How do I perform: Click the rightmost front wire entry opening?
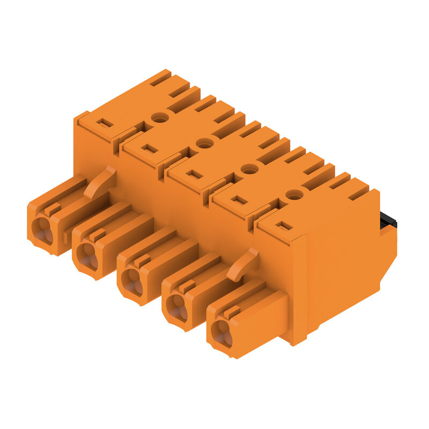click(221, 332)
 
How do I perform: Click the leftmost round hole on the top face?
click(158, 117)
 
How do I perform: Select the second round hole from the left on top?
click(203, 143)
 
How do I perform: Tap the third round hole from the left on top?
click(248, 169)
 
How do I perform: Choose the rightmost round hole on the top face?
click(293, 195)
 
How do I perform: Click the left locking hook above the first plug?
click(101, 181)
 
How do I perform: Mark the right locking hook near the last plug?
click(244, 264)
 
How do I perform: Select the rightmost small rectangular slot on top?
click(285, 226)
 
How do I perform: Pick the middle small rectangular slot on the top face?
click(195, 174)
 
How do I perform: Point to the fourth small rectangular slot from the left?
click(239, 200)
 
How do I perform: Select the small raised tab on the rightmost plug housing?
click(231, 312)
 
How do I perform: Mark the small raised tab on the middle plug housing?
click(142, 260)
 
